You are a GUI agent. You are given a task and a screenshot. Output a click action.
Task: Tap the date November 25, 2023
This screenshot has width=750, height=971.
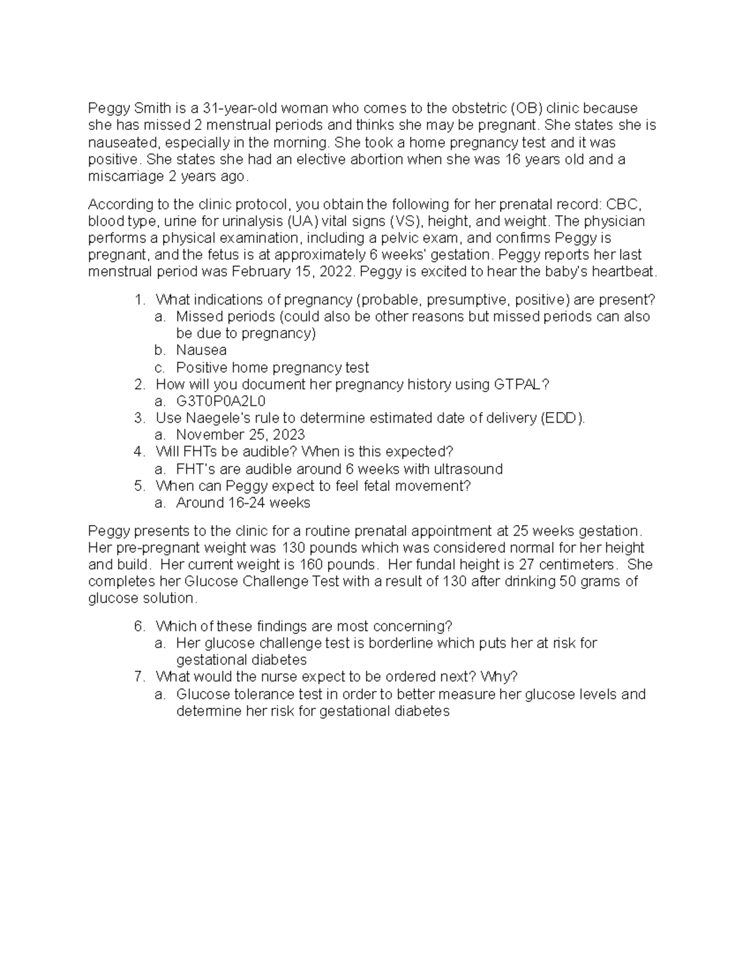(241, 435)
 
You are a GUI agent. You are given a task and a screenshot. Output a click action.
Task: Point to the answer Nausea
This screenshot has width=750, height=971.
(201, 350)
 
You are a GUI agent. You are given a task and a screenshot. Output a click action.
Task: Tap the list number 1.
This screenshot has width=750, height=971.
(139, 299)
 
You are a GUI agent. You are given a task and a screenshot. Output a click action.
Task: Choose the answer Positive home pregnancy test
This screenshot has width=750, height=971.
(272, 368)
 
